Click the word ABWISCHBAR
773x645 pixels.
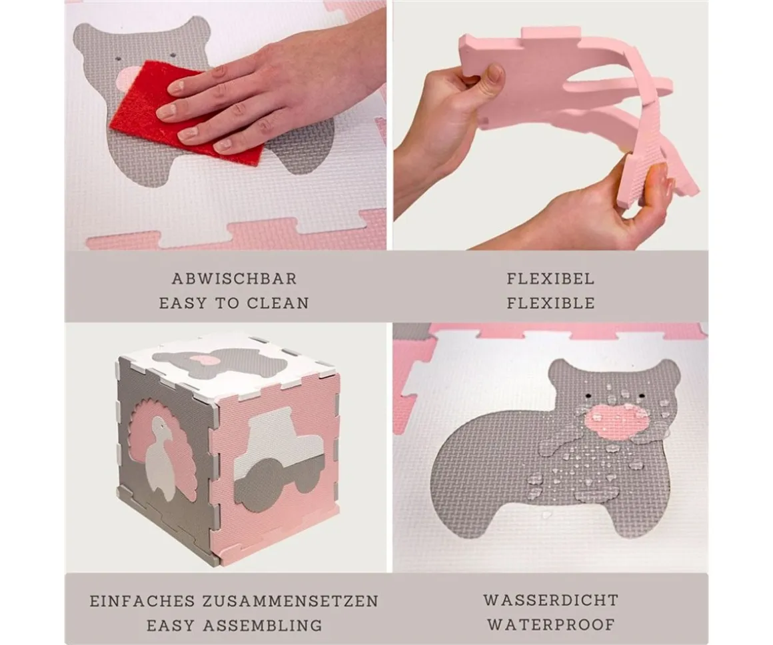[x=234, y=279]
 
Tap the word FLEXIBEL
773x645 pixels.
[x=550, y=279]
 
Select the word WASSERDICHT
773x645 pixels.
[x=550, y=600]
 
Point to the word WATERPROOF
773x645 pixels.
[x=550, y=624]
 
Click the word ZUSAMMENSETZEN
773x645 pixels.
[x=291, y=601]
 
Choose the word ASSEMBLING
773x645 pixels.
[x=263, y=625]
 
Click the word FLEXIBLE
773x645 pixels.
[x=550, y=303]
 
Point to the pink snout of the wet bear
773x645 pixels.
[x=616, y=422]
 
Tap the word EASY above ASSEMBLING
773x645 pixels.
[x=169, y=625]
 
